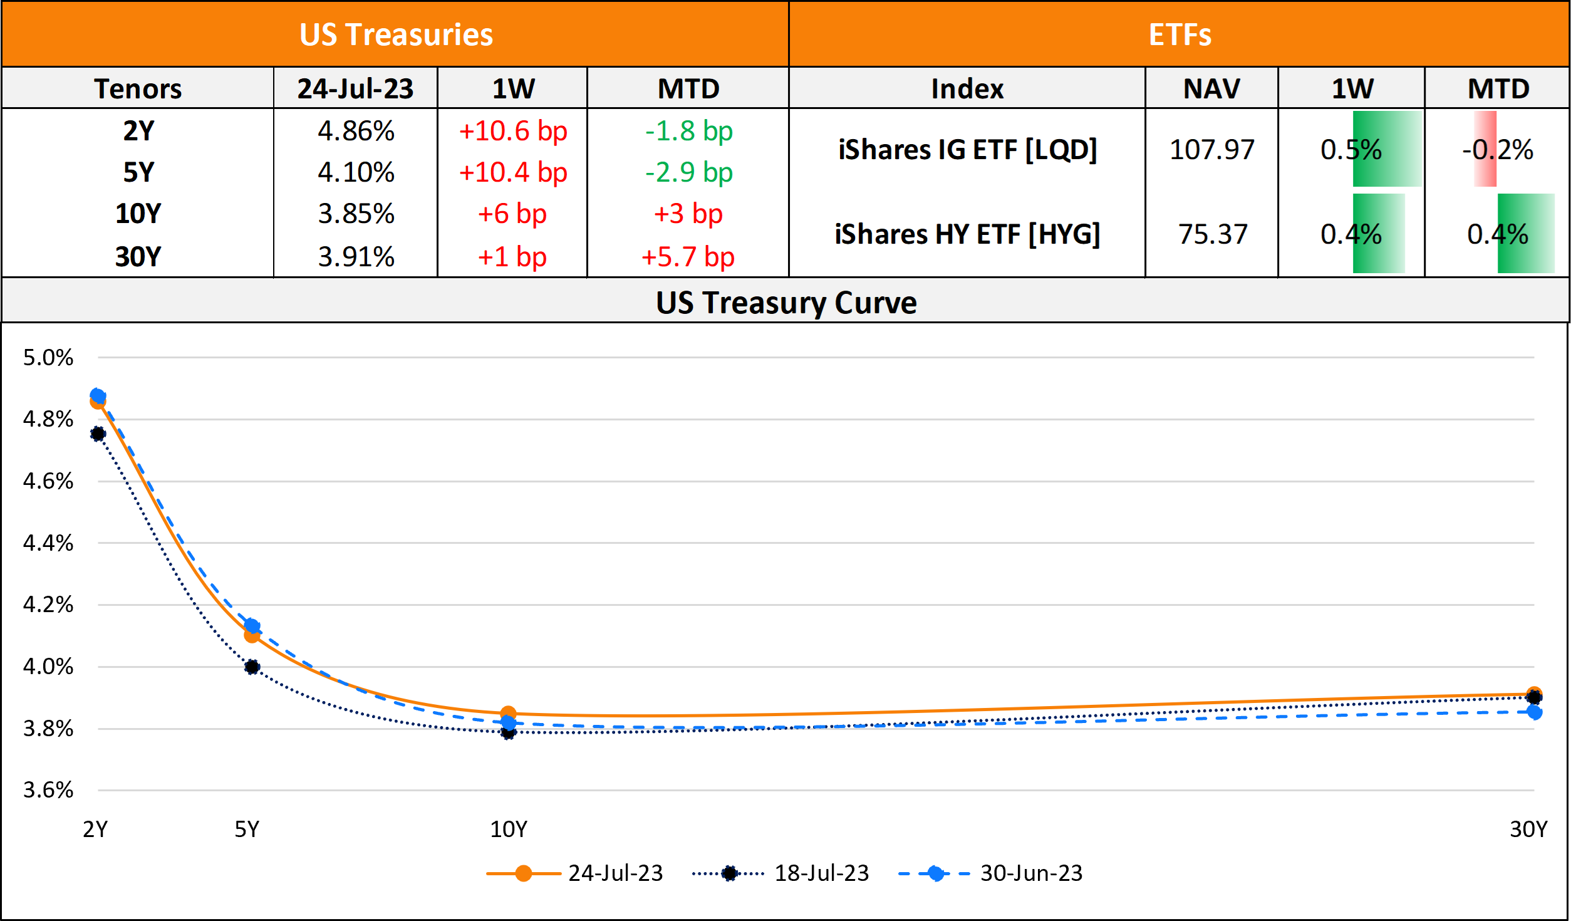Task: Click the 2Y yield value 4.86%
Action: pyautogui.click(x=356, y=131)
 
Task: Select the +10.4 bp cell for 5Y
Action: pyautogui.click(x=513, y=172)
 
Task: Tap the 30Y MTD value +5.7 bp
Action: pyautogui.click(x=688, y=257)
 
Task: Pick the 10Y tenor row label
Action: pyautogui.click(x=138, y=214)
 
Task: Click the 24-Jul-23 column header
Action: pyautogui.click(x=355, y=88)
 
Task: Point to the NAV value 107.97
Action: pyautogui.click(x=1211, y=150)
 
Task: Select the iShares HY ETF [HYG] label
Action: pyautogui.click(x=967, y=234)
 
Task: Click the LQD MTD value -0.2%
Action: pyautogui.click(x=1498, y=150)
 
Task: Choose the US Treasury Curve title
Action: pyautogui.click(x=786, y=303)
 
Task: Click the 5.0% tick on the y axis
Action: pyautogui.click(x=48, y=358)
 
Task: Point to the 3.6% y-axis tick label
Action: pyautogui.click(x=48, y=790)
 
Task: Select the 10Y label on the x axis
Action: pyautogui.click(x=509, y=830)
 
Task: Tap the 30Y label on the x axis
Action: pyautogui.click(x=1528, y=830)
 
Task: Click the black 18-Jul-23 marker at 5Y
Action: pyautogui.click(x=252, y=667)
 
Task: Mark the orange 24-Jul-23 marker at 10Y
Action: pyautogui.click(x=508, y=713)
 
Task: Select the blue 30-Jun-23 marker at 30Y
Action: pyautogui.click(x=1534, y=712)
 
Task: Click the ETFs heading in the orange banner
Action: pyautogui.click(x=1180, y=34)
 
